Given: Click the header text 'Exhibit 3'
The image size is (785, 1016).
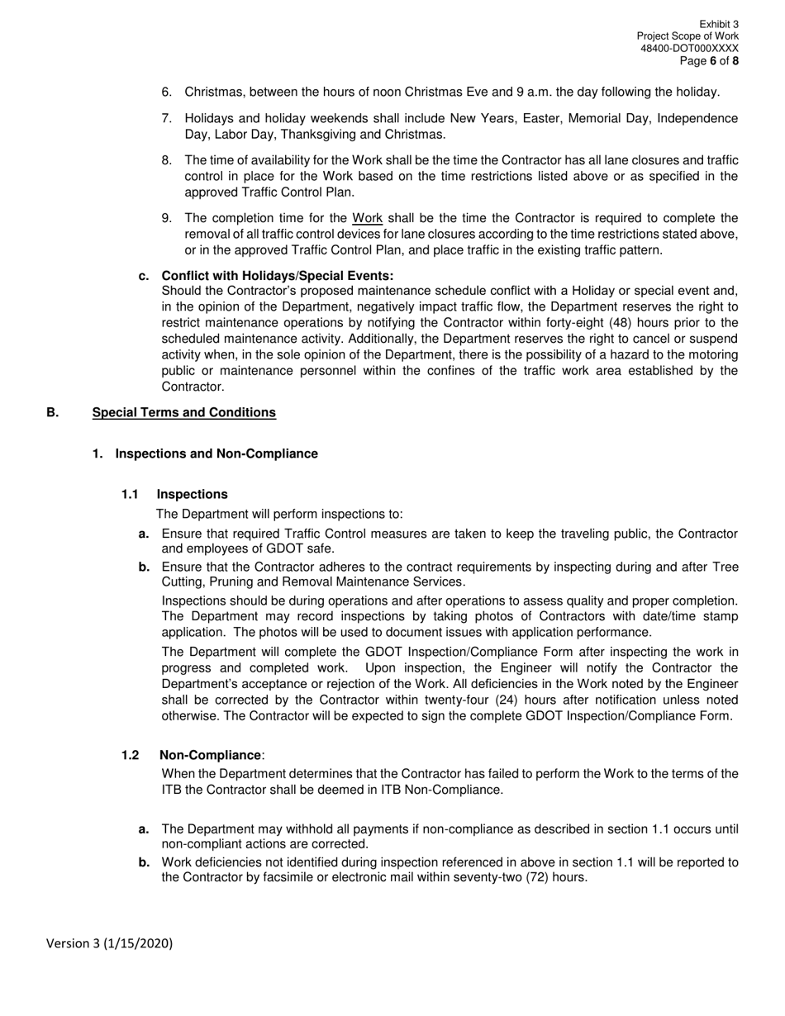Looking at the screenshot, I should click(718, 25).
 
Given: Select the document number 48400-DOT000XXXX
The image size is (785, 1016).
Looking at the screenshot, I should click(689, 49).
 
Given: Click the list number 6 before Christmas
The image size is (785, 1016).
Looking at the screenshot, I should click(166, 93).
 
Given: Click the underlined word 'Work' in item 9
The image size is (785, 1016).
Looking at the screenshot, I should click(367, 218).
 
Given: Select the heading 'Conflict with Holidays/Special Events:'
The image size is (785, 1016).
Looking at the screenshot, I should click(278, 275).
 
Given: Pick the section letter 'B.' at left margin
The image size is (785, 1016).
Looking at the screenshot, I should click(53, 412).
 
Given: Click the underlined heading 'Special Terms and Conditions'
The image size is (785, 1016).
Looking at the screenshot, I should click(183, 412).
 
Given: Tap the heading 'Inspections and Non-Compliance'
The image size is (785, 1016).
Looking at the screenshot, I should click(216, 453).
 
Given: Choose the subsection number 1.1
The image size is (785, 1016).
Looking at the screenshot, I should click(130, 494).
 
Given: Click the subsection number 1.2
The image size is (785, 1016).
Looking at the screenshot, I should click(130, 755).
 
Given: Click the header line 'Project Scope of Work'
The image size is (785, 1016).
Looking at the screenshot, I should click(687, 36).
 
